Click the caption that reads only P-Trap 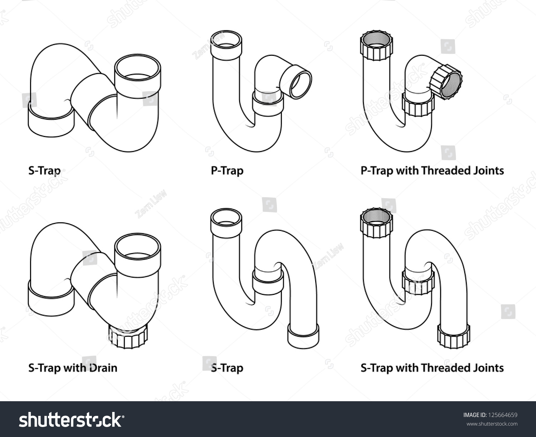tap(227, 170)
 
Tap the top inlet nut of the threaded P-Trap tap(377, 47)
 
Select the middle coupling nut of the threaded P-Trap tap(418, 105)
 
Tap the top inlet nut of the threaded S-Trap tap(377, 223)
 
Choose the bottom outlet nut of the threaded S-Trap tap(453, 336)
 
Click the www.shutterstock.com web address tap(492, 424)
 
